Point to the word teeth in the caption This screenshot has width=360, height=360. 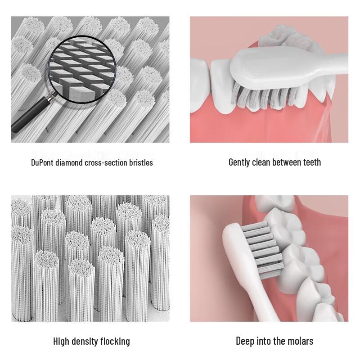(311, 162)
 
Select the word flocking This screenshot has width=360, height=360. (116, 341)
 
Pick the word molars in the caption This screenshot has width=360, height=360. (300, 341)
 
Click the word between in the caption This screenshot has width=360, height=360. (290, 162)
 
